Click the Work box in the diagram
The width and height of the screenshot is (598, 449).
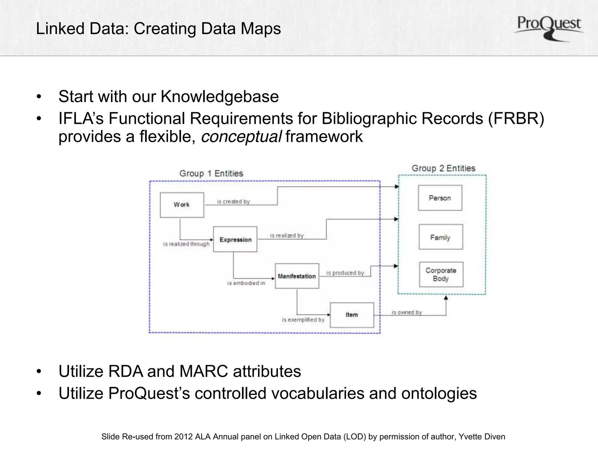coord(182,205)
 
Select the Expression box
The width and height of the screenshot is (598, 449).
coord(235,239)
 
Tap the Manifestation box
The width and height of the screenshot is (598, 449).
coord(297,276)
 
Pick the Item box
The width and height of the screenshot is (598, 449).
coord(352,315)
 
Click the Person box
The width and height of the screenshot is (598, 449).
coord(440,198)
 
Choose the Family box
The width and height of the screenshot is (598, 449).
coord(440,237)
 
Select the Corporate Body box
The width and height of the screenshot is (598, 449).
coord(441,274)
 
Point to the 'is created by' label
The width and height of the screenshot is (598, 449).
coord(233,201)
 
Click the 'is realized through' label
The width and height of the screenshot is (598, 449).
coord(186,244)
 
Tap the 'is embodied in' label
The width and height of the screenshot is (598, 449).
coord(246,283)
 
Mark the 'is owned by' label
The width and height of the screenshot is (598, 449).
coord(407,312)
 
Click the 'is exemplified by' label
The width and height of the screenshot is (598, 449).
coord(303,320)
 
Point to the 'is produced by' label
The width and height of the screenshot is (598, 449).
coord(345,273)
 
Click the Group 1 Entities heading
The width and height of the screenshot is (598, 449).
coord(211,173)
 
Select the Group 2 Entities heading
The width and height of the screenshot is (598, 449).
coord(444,168)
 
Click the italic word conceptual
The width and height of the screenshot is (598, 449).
coord(241,137)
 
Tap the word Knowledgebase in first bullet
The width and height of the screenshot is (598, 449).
coord(220,96)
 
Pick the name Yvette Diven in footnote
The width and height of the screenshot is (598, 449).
coord(481,437)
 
